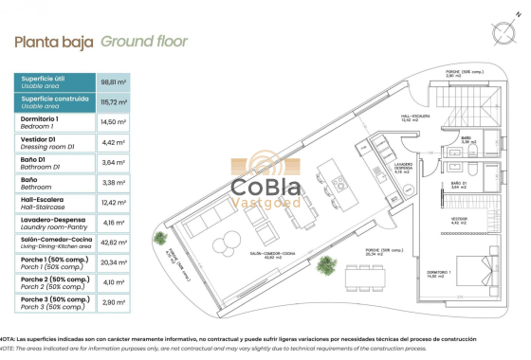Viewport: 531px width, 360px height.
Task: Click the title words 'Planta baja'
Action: click(54, 43)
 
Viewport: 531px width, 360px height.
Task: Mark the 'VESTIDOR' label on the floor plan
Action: click(459, 218)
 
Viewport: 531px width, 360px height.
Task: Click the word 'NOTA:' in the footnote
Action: click(9, 337)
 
